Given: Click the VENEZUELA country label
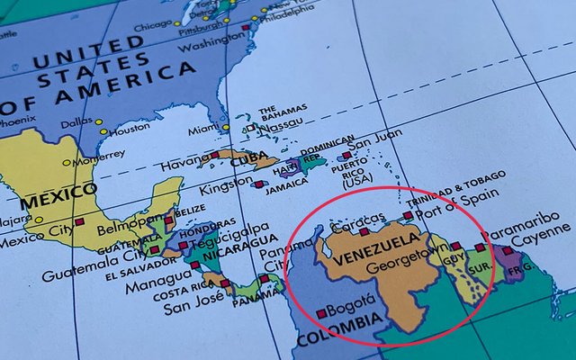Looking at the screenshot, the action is tap(375, 250).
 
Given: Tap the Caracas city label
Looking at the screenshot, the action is tap(358, 225).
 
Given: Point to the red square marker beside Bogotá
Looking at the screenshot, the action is tap(321, 313).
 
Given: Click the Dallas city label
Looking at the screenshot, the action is tap(76, 122).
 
